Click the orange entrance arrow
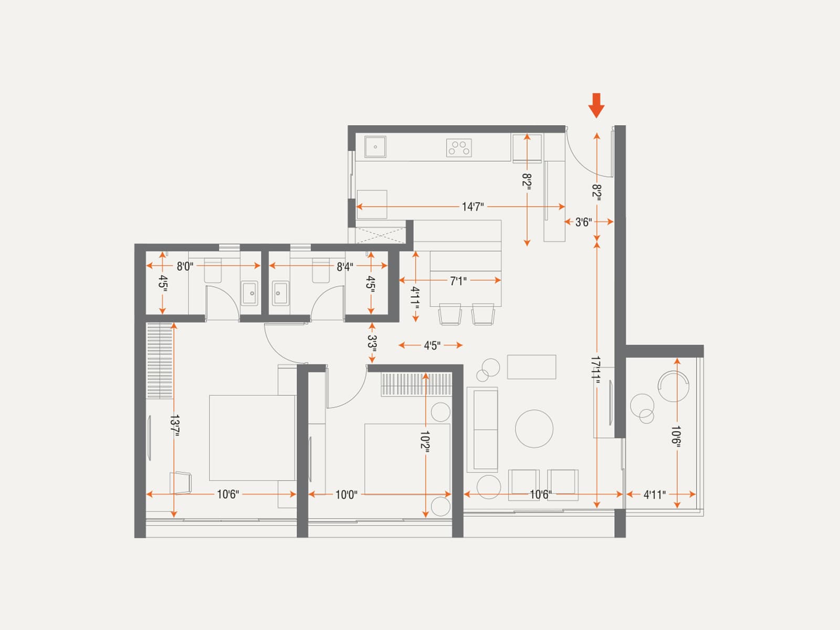(596, 106)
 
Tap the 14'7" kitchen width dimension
(472, 207)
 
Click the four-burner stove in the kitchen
(459, 148)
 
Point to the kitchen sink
(375, 146)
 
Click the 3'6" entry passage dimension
(584, 222)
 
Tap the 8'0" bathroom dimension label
(185, 266)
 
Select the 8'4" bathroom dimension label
(345, 267)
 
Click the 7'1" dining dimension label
(458, 281)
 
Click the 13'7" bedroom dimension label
(174, 425)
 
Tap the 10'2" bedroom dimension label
(425, 442)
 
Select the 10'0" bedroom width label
(346, 495)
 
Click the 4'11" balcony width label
(654, 495)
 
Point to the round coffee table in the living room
(534, 429)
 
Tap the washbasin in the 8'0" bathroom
(249, 293)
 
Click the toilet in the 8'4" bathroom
(321, 270)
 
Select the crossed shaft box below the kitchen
(381, 235)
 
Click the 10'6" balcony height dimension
(677, 435)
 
